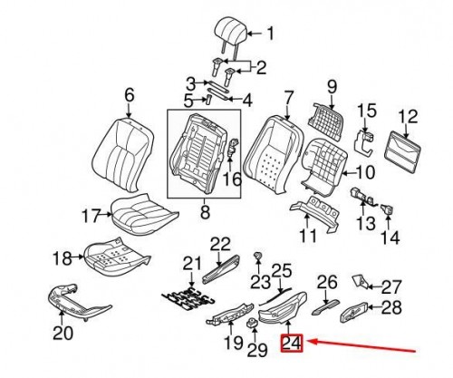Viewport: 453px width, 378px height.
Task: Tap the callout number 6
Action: click(128, 94)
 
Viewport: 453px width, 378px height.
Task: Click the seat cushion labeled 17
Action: click(141, 214)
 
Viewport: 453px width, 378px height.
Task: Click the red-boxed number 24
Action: click(292, 344)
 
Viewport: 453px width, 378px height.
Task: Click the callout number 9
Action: click(331, 87)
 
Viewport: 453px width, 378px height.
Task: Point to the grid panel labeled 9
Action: click(324, 119)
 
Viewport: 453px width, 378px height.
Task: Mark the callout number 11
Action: click(308, 237)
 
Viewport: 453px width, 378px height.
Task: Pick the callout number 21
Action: click(189, 263)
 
